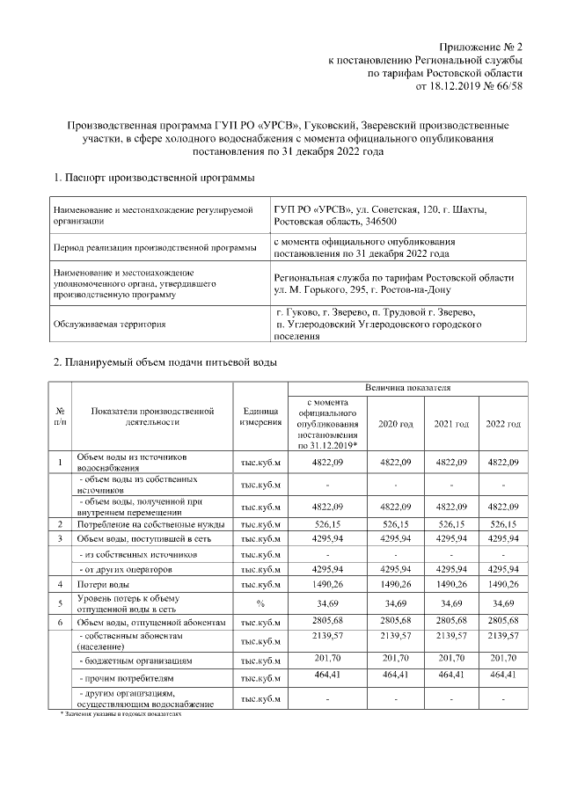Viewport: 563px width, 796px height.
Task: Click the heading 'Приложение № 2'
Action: click(x=483, y=46)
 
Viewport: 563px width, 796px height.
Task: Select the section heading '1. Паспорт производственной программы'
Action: click(x=154, y=179)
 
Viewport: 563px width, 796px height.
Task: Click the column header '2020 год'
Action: click(x=395, y=424)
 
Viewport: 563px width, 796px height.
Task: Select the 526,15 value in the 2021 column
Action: click(x=450, y=524)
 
